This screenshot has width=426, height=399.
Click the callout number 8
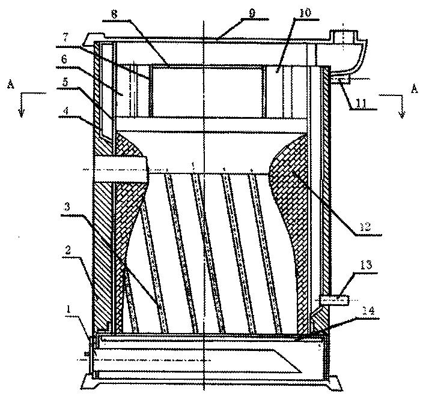(114, 14)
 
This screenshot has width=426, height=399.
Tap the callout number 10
(304, 13)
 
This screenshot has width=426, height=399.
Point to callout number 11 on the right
(361, 103)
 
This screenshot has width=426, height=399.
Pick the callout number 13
(366, 265)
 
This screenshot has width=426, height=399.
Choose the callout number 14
(368, 311)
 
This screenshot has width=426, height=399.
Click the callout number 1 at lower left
(69, 310)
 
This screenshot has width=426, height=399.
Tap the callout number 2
(68, 250)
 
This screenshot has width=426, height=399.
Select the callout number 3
(67, 208)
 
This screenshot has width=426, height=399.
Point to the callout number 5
(65, 82)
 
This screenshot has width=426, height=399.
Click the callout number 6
(64, 59)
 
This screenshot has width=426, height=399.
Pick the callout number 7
(65, 38)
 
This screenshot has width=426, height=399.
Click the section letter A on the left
(11, 85)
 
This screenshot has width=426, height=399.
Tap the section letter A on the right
(415, 88)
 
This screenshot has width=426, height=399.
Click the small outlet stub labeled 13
(334, 300)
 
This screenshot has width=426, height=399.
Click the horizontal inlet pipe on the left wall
(121, 169)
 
